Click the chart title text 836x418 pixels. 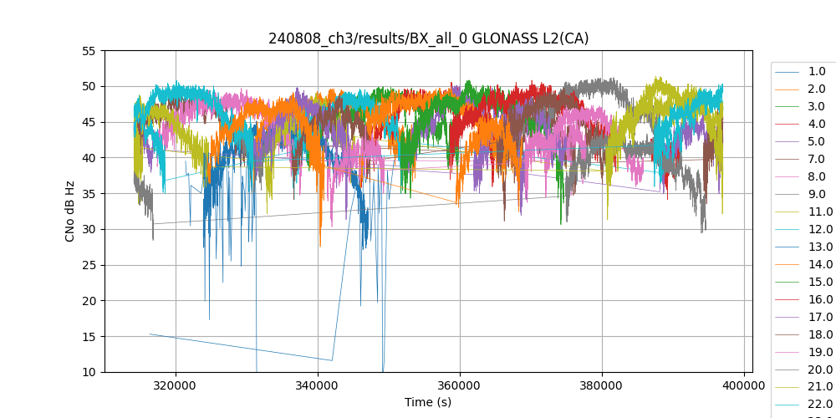[428, 38]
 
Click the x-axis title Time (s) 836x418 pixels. [428, 402]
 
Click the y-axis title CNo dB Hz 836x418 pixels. [70, 212]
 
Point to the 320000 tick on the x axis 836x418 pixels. [176, 386]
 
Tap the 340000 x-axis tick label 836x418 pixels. [318, 386]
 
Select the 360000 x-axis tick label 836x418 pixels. [460, 386]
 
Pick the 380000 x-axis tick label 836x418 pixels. [602, 386]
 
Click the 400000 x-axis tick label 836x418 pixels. [744, 386]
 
